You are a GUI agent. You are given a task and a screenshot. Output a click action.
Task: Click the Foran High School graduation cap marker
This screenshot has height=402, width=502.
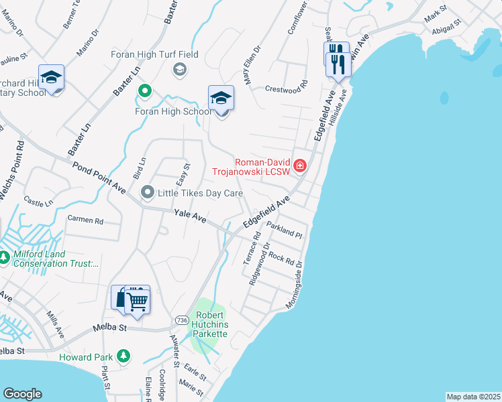(x=221, y=98)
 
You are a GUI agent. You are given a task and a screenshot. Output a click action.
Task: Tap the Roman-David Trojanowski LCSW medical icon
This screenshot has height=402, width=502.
(x=299, y=165)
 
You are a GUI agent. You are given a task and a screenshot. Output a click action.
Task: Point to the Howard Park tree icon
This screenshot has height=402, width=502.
(x=123, y=356)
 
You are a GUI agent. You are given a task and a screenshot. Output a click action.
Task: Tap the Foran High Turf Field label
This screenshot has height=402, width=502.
(x=154, y=54)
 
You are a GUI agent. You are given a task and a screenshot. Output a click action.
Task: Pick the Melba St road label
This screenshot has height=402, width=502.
(x=109, y=328)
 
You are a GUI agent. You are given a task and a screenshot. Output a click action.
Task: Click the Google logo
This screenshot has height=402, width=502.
(x=22, y=394)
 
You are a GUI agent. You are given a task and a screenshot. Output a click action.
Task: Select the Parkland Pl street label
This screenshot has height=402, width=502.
(x=285, y=230)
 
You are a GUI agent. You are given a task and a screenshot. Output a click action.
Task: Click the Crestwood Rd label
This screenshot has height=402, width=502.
(x=285, y=88)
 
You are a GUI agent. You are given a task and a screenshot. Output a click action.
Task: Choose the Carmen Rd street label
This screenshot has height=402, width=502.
(x=85, y=220)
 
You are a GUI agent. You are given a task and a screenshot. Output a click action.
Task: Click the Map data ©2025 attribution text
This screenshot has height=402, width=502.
(x=472, y=397)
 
